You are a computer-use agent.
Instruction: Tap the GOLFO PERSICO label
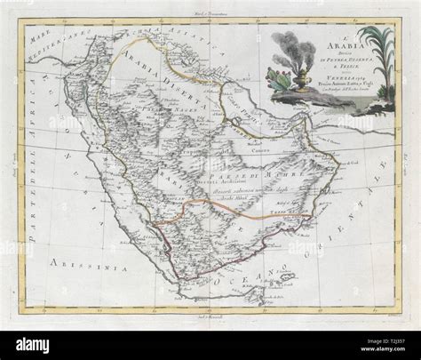click(240, 116)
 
